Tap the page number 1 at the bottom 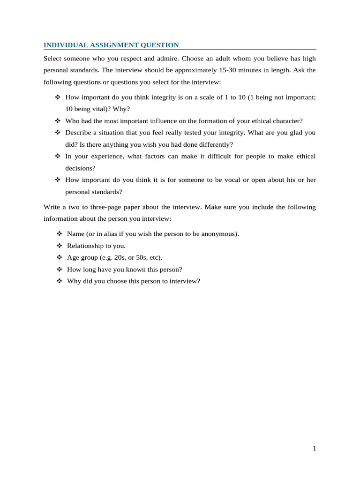(x=315, y=449)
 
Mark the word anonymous (x=220, y=233)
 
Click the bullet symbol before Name (x=59, y=233)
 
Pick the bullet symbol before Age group (x=59, y=257)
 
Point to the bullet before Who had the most (x=58, y=120)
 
